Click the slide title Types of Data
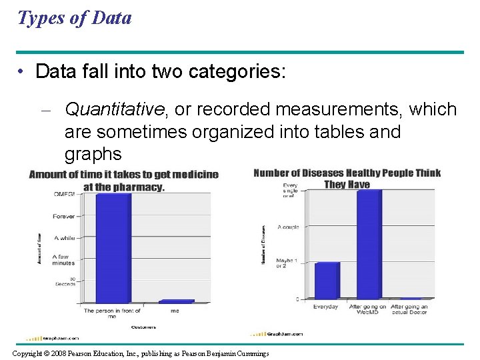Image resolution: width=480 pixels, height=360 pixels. click(x=75, y=18)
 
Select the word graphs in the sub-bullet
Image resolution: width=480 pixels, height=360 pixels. click(x=93, y=155)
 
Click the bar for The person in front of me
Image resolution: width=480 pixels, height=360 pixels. click(x=113, y=247)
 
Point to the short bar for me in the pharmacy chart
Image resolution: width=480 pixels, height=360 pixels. click(x=176, y=301)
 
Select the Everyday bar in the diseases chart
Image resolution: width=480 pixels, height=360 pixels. click(x=327, y=280)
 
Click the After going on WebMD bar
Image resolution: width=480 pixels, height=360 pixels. click(x=369, y=244)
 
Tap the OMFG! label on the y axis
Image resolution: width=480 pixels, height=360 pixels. click(x=64, y=194)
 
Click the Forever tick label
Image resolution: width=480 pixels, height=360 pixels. click(x=65, y=215)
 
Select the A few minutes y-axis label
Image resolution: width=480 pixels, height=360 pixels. click(x=65, y=259)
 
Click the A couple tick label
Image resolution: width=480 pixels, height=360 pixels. click(x=287, y=227)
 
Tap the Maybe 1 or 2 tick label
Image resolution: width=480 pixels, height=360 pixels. click(x=287, y=263)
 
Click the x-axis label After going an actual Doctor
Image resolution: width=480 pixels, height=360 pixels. click(x=410, y=309)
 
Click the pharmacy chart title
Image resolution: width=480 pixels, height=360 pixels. click(x=124, y=181)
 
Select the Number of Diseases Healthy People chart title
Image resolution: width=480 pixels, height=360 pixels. click(x=347, y=179)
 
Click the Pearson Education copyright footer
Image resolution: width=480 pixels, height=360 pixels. click(x=141, y=353)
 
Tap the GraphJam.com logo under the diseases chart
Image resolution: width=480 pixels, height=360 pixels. click(x=277, y=333)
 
